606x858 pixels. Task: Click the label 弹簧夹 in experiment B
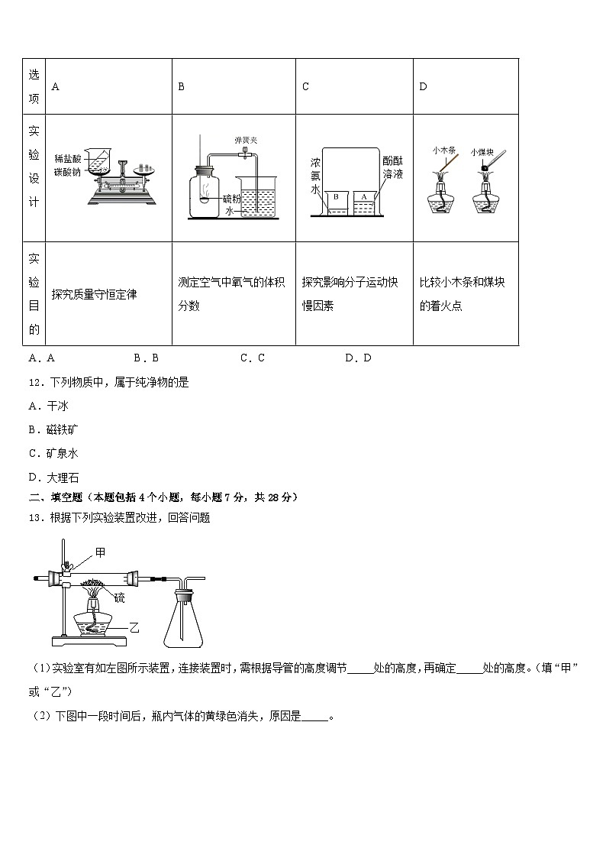click(x=246, y=141)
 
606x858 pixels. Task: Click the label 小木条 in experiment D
click(x=443, y=151)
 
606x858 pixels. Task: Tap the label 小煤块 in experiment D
click(x=482, y=151)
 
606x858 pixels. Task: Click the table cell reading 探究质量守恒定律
click(x=94, y=294)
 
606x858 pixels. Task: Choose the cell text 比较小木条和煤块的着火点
click(x=462, y=294)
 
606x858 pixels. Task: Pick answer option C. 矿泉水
click(x=53, y=453)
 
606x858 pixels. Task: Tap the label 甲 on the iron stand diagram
click(x=100, y=552)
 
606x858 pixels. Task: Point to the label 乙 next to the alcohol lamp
click(x=134, y=627)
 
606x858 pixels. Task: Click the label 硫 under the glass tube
click(x=120, y=598)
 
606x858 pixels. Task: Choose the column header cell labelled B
click(x=182, y=86)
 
